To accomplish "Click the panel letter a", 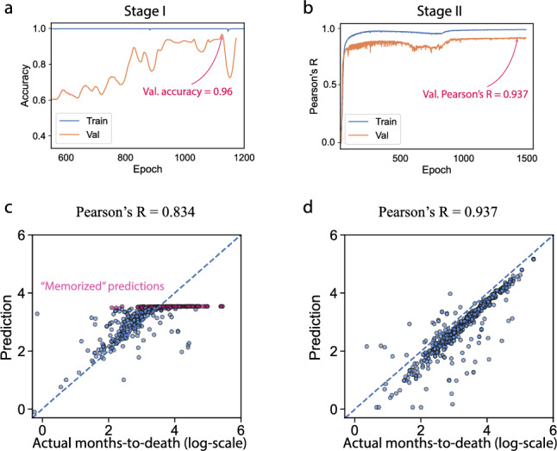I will (6, 8).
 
